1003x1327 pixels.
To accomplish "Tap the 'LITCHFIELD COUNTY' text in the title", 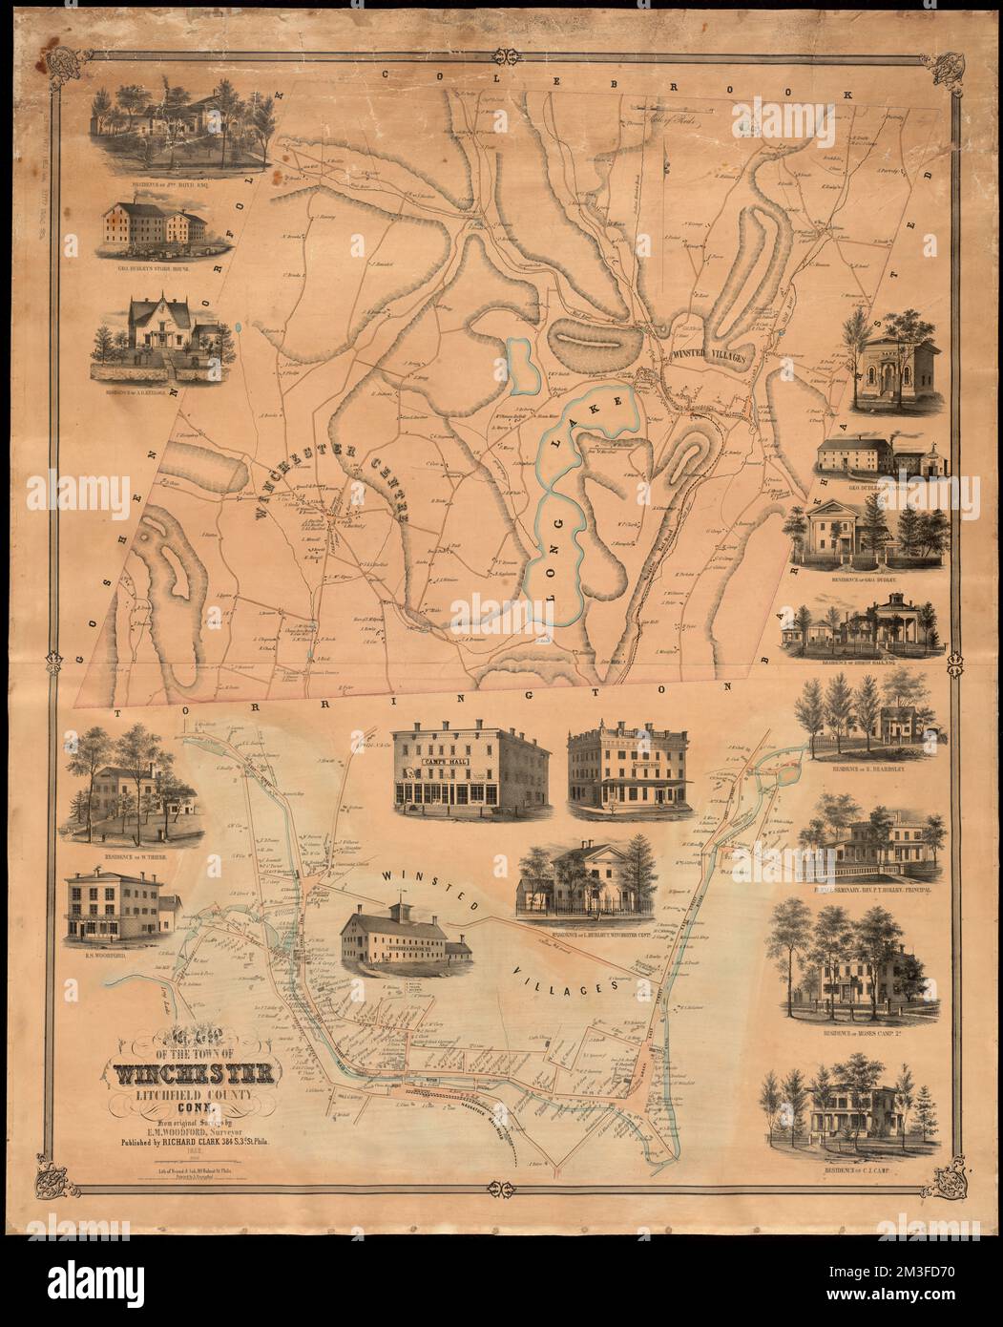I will coord(197,1099).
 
